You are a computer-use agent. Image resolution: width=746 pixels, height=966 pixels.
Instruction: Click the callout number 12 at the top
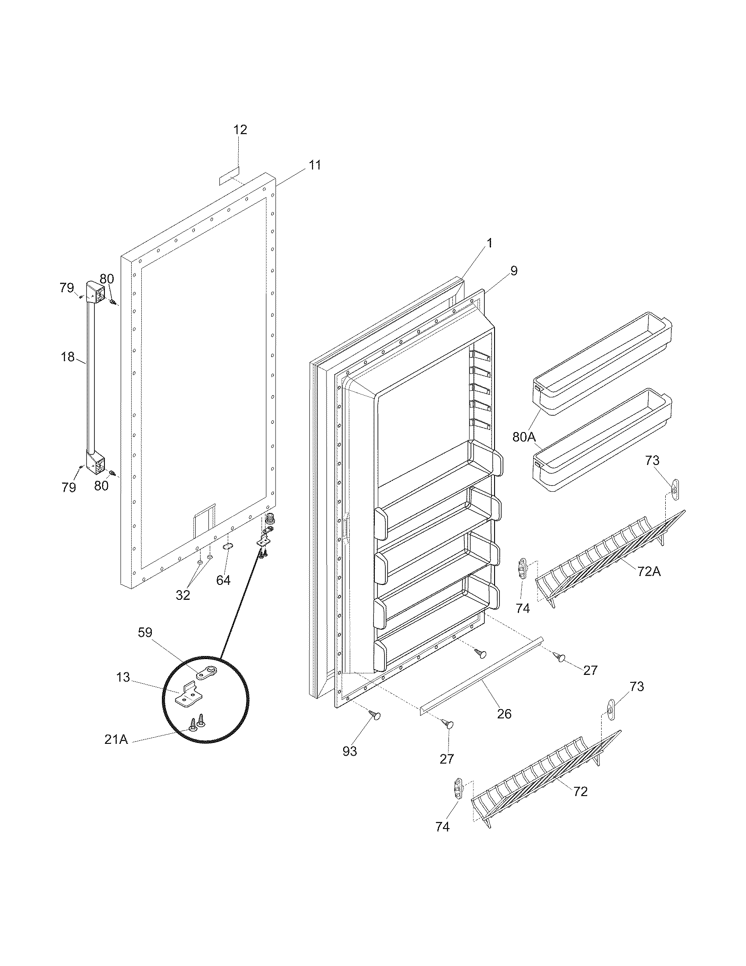[240, 130]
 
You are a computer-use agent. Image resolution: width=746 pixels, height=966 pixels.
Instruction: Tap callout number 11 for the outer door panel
[315, 166]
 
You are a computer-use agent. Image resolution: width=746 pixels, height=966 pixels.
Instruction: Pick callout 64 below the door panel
[223, 580]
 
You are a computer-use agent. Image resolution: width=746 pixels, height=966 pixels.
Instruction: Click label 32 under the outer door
[183, 595]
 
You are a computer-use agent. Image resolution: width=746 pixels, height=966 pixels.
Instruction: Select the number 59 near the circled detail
[144, 633]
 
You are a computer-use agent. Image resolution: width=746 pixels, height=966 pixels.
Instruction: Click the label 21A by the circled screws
[116, 739]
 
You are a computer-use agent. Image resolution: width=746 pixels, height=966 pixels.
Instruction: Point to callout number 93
[350, 751]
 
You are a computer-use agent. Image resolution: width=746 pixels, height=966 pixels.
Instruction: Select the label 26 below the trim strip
[504, 714]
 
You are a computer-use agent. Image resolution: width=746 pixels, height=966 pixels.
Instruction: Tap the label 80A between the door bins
[524, 437]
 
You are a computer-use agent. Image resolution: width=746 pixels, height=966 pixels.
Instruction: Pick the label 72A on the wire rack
[649, 572]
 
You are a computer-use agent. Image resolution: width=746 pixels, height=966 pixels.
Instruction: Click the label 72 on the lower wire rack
[581, 791]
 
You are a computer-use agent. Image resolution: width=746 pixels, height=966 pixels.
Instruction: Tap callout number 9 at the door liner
[513, 270]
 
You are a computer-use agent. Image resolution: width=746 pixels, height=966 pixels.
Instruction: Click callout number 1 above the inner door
[489, 243]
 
